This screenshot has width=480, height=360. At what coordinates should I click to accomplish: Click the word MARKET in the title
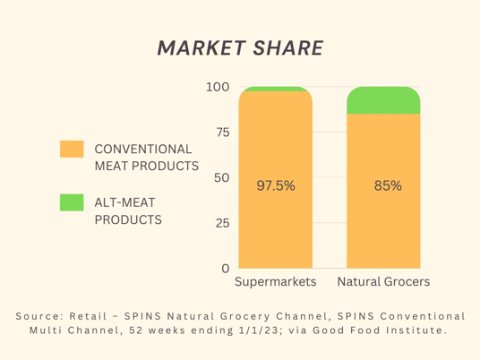point(201,48)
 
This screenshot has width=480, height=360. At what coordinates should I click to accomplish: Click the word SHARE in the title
point(288,48)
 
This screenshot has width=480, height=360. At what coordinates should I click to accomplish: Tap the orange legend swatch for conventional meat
point(72,149)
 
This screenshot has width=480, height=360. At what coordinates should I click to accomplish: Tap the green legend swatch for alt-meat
point(72,202)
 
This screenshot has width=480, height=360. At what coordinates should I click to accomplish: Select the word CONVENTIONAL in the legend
point(143,149)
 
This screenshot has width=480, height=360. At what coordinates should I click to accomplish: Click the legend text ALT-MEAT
point(124,202)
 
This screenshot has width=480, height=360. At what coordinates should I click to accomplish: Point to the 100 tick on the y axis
point(218,87)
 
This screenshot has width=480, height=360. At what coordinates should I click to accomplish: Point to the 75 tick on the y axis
point(223,133)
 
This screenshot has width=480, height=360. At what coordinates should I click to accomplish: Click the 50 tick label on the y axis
point(222,177)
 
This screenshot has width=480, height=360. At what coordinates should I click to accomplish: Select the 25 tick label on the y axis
point(223,223)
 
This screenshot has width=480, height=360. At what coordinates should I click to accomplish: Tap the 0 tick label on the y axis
point(226,268)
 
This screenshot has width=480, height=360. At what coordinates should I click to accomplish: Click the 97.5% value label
point(276,185)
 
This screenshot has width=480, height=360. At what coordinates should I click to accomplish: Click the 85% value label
point(388,185)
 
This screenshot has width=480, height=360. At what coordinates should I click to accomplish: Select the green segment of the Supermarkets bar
point(276,89)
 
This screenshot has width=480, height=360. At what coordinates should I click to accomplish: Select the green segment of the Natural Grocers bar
point(383,100)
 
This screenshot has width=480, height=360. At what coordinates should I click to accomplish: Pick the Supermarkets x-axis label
point(276,281)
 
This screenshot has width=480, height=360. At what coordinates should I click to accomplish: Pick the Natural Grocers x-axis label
point(383,281)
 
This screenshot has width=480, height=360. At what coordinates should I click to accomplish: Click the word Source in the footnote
point(36,316)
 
